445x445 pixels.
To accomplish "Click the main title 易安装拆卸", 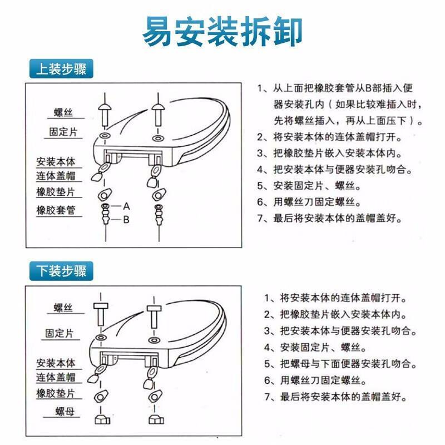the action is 222,31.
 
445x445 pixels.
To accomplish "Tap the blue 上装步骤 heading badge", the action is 61,68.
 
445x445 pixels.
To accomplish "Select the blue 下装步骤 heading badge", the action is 61,271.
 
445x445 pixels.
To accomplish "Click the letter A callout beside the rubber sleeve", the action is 127,206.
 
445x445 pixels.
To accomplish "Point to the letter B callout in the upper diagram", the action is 126,220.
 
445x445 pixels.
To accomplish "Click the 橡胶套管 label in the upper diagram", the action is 56,210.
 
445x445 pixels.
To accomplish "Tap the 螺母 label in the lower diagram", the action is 65,411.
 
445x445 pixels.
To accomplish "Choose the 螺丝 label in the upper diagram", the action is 63,112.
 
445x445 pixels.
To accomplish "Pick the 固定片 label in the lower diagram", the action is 60,333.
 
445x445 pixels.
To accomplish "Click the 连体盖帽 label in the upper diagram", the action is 56,176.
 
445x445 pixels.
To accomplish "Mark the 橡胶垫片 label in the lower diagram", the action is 56,393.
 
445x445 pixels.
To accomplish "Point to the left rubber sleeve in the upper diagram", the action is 105,214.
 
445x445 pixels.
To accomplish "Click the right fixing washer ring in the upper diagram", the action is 158,139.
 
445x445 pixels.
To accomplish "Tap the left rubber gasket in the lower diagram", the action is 101,397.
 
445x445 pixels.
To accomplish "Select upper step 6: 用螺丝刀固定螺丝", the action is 309,202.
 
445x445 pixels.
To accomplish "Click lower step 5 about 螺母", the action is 340,364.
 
